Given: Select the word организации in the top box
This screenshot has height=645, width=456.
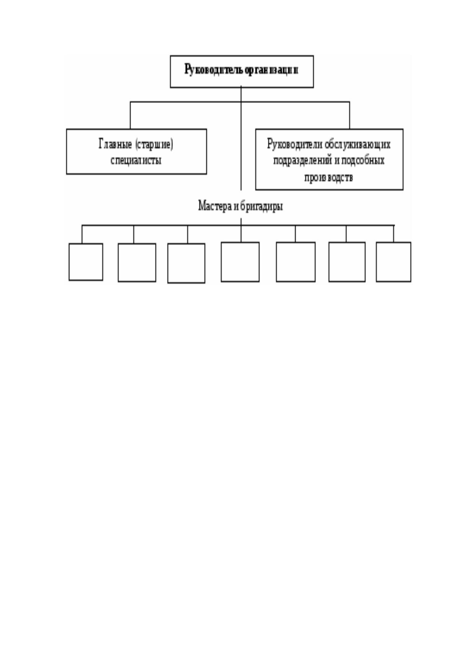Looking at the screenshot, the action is point(271,70).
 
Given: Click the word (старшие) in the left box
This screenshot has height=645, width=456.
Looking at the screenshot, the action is point(154,144).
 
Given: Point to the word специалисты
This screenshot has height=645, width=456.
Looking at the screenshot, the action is point(136,160).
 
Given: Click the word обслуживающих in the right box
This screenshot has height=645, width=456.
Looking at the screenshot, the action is point(358,144).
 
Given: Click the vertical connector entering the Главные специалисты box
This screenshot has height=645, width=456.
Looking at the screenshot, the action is point(130,115).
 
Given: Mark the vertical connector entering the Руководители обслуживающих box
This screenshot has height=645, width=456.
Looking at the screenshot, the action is point(350,115).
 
